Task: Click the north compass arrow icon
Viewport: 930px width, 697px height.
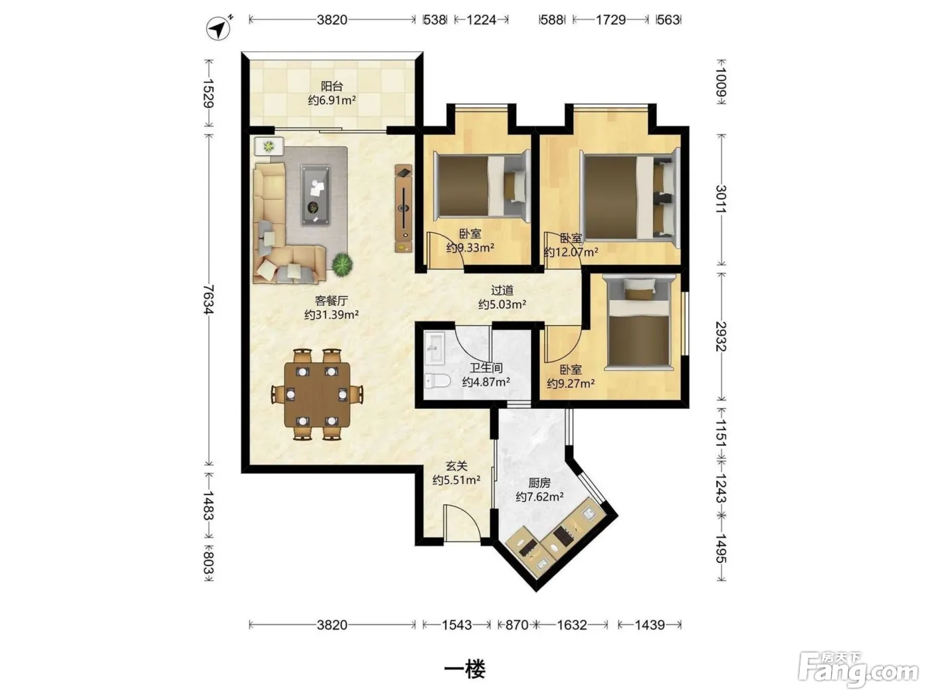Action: pos(219,28)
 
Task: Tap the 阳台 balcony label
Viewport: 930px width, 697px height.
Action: pos(331,86)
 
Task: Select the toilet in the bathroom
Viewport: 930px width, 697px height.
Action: pos(437,381)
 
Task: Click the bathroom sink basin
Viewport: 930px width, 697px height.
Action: pos(434,348)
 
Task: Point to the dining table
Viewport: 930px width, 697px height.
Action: pos(317,394)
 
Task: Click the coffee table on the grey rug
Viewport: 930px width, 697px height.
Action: pos(316,195)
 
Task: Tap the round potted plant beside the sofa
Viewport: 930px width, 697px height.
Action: pos(342,264)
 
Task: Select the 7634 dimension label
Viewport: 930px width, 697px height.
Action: pos(208,299)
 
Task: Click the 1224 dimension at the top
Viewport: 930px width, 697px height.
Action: pos(482,20)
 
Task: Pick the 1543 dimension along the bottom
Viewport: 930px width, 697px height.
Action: pos(456,625)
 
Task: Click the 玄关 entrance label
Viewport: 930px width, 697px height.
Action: pos(456,466)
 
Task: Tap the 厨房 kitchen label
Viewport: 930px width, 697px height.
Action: pos(539,483)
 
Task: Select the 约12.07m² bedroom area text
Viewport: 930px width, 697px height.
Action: pos(571,252)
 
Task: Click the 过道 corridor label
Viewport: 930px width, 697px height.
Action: pos(502,290)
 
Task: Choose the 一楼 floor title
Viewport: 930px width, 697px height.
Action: pos(464,668)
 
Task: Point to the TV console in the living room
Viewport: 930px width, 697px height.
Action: pos(403,208)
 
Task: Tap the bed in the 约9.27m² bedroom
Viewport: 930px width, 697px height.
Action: pos(638,323)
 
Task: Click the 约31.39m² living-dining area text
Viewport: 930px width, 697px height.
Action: pos(331,315)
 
